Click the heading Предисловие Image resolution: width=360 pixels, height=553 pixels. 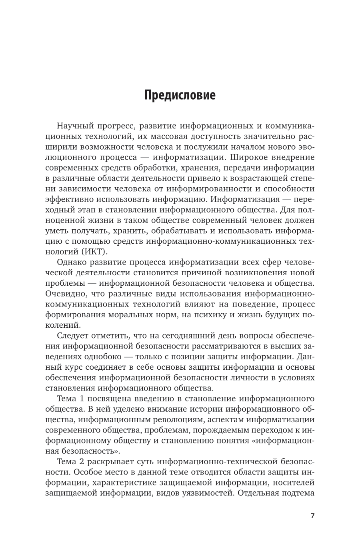(180, 96)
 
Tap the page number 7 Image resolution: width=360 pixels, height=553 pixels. (312, 515)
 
